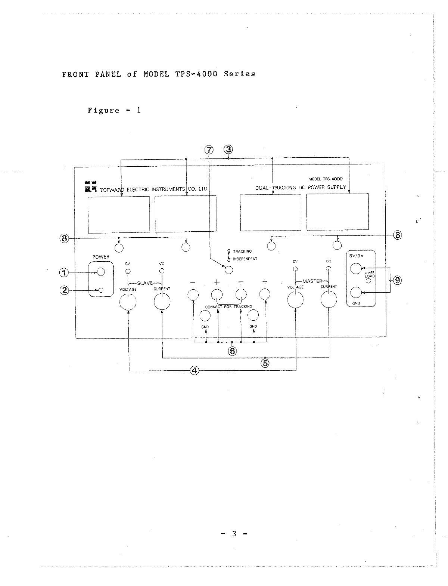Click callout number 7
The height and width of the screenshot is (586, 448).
(209, 149)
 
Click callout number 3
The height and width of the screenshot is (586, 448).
(228, 149)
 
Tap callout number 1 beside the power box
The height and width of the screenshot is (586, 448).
(65, 273)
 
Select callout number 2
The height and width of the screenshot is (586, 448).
(65, 290)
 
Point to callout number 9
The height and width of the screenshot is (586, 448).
(397, 280)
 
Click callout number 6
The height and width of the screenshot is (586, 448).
(232, 351)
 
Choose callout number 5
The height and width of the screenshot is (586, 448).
(265, 363)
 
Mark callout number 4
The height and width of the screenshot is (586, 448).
(194, 370)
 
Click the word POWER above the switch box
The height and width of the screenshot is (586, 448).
(101, 257)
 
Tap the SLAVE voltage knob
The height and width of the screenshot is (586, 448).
(128, 301)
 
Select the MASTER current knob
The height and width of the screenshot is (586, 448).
(329, 299)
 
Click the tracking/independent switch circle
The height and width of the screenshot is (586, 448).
(228, 269)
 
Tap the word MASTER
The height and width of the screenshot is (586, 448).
(312, 281)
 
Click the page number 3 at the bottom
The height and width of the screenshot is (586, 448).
(234, 534)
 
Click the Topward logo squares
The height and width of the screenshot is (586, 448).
(91, 186)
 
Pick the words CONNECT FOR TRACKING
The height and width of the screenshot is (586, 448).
(228, 306)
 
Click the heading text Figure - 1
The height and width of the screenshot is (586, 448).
(114, 110)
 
